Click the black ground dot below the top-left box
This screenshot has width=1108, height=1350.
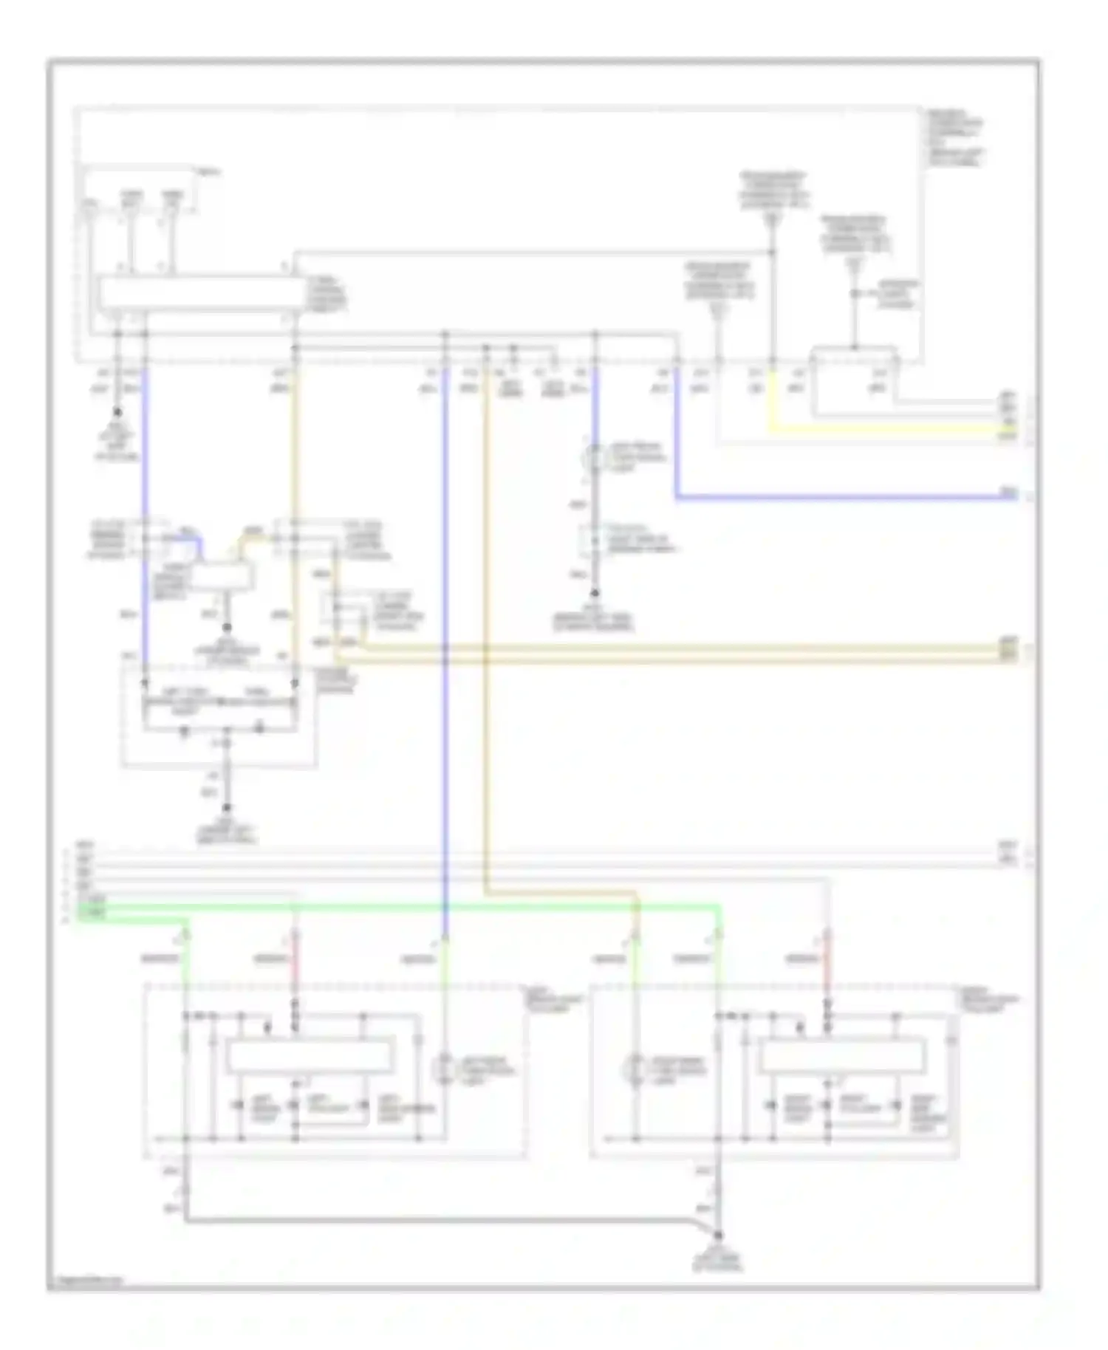point(117,413)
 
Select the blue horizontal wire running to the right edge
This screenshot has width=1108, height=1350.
point(842,498)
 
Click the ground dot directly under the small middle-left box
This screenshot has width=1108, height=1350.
point(228,627)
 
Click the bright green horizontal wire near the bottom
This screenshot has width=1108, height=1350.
point(443,907)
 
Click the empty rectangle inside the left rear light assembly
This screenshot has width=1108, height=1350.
point(310,1055)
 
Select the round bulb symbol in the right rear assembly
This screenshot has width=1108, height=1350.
point(635,1069)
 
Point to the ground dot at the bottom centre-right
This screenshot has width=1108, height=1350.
point(717,1234)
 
